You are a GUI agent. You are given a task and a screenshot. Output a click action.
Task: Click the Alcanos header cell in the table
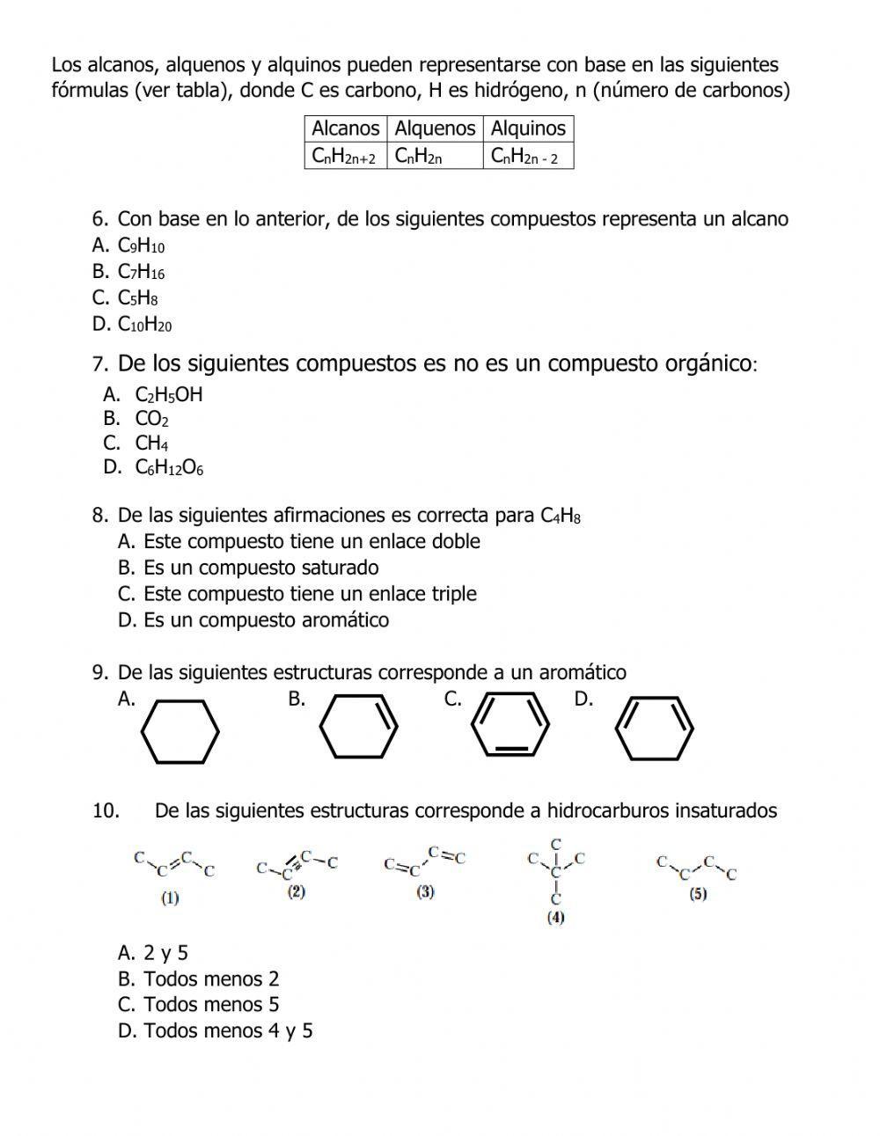point(346,128)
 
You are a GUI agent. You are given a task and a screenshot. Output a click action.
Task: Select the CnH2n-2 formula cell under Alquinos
point(528,157)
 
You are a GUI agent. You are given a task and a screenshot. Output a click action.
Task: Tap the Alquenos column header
point(435,128)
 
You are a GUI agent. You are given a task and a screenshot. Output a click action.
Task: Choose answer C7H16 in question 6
point(141,272)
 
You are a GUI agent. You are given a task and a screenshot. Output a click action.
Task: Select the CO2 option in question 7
point(151,419)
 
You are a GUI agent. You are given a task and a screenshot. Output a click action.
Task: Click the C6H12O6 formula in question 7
point(169,468)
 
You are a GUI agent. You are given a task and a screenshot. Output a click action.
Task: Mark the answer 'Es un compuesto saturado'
point(260,568)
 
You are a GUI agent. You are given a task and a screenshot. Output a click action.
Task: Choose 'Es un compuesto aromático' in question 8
point(266,620)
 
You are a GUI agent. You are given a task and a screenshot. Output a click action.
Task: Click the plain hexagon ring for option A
point(180,730)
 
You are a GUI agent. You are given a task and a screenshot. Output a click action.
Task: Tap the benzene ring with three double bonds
point(510,725)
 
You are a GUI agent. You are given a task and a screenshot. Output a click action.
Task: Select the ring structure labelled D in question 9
point(654,729)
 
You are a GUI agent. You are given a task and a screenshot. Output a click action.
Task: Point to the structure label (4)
point(555,918)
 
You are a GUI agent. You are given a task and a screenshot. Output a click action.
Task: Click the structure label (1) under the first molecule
point(170,898)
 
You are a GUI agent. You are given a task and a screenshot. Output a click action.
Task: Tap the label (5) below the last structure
point(698,894)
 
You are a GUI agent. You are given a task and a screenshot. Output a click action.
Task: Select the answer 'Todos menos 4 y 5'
point(228,1030)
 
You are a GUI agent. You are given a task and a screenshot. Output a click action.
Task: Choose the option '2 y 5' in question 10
point(165,953)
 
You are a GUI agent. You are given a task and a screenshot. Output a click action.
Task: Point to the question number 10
point(106,810)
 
